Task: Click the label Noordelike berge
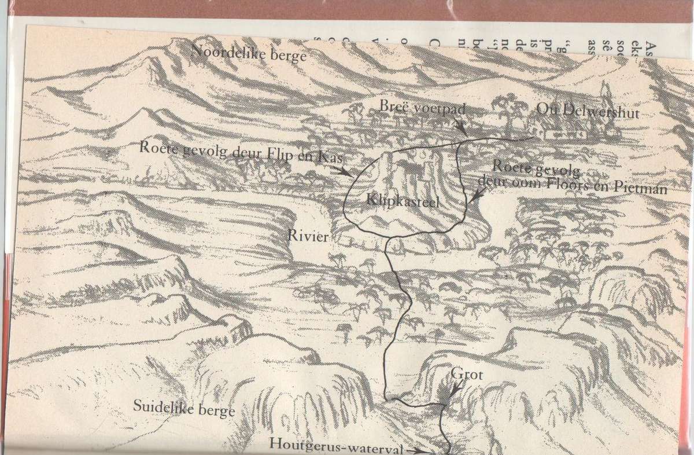(248, 53)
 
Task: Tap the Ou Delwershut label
(588, 111)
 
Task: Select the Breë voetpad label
(422, 107)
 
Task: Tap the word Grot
(467, 375)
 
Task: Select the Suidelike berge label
(184, 408)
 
